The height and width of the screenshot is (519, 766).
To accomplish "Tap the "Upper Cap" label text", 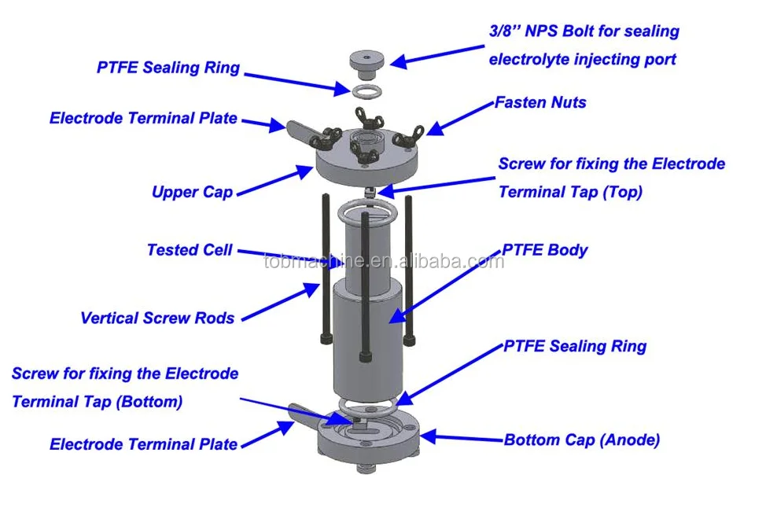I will [x=192, y=192].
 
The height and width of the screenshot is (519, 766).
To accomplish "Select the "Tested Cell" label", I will [x=190, y=250].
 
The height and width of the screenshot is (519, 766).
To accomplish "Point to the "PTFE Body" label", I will [x=545, y=250].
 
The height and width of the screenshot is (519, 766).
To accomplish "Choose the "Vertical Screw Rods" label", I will [x=157, y=318].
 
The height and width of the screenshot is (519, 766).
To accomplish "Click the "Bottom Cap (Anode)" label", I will [x=581, y=440].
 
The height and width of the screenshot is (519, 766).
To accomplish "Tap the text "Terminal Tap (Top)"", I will [x=570, y=192].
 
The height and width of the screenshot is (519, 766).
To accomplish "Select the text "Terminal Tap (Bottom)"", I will [x=97, y=401].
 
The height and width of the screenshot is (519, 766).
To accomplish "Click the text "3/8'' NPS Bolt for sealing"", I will [x=584, y=31].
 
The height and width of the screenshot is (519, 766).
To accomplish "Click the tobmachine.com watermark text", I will [x=383, y=261].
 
